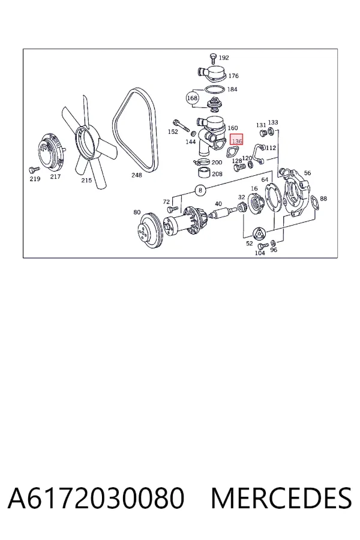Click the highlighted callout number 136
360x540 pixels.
[x=236, y=141]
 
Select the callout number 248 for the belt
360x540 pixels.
[x=136, y=175]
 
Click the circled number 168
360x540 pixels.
[x=192, y=98]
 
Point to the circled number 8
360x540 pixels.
[x=200, y=190]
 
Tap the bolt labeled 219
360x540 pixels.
[x=34, y=169]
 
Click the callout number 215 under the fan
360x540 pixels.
[x=86, y=180]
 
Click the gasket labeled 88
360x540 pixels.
[x=315, y=203]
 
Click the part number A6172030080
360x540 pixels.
[x=96, y=498]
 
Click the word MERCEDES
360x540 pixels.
[x=281, y=498]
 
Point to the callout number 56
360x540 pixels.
[x=307, y=173]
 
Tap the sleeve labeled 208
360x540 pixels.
[x=204, y=172]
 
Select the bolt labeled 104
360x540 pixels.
[x=263, y=245]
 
